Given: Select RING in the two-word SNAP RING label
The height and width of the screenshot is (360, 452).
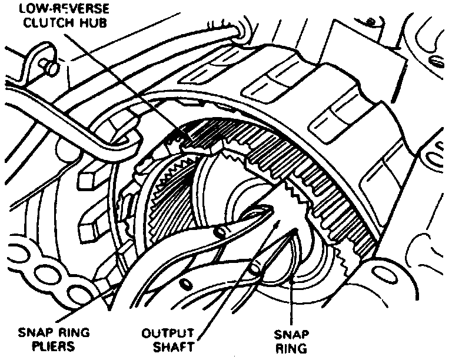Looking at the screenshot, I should pyautogui.click(x=294, y=348).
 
